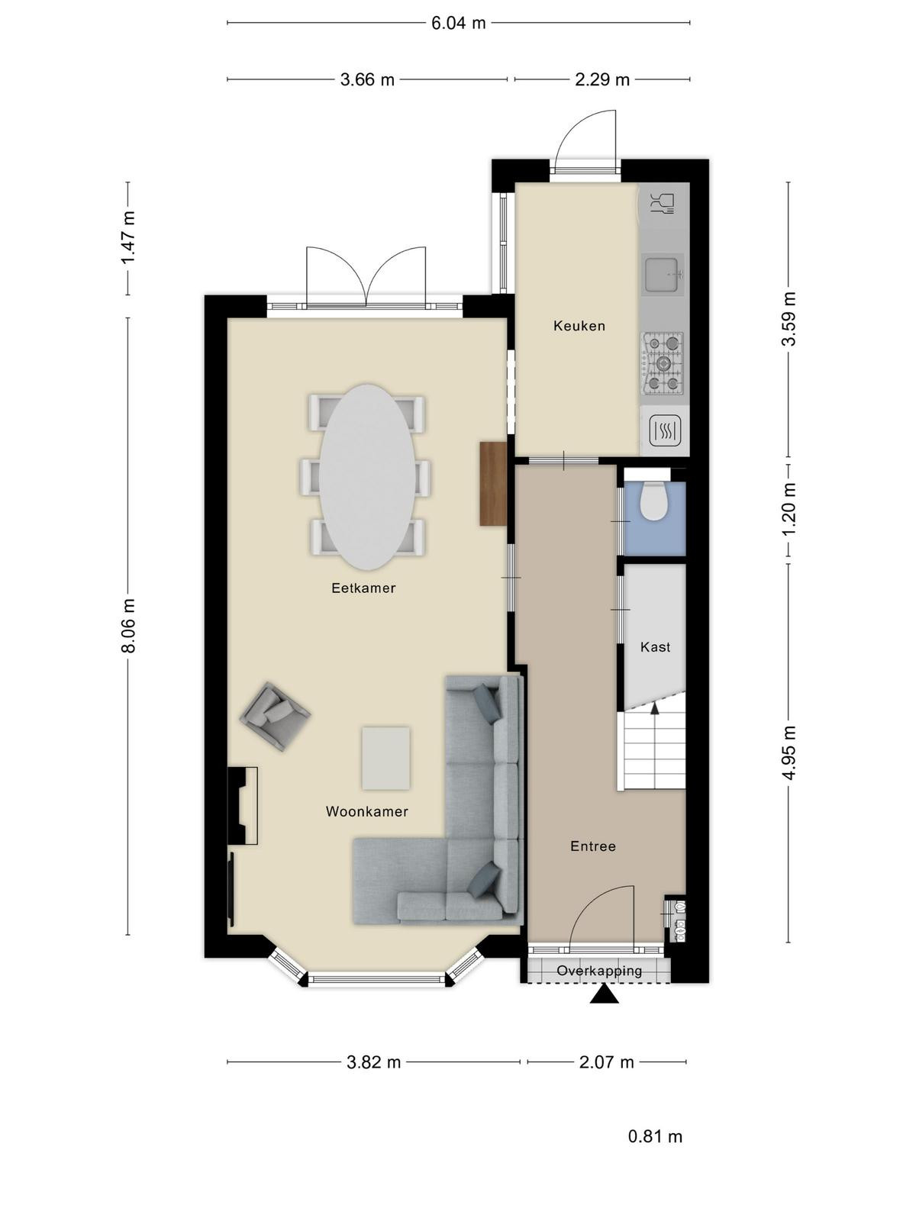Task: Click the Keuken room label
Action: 579,325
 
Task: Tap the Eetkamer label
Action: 363,588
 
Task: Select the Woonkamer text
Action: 367,812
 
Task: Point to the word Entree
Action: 593,846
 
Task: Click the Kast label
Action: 655,647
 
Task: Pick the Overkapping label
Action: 599,971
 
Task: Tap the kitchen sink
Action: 662,274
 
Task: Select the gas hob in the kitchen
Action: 663,363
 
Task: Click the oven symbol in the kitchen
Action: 666,430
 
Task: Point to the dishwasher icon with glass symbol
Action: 663,205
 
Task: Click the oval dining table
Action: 366,477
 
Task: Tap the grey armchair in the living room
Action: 275,716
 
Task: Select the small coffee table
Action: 386,758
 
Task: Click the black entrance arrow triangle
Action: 604,994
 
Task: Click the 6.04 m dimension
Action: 458,24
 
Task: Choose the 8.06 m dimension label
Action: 129,625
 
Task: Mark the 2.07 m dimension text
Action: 606,1062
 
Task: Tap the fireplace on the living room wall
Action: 243,806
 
